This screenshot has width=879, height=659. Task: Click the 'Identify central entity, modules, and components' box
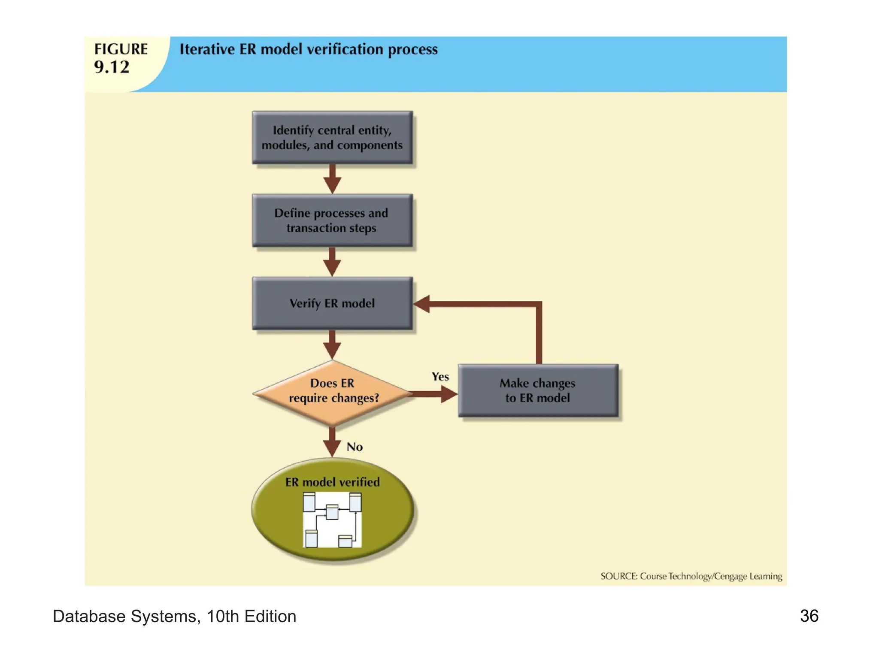[332, 137]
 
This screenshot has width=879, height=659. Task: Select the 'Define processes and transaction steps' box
[332, 220]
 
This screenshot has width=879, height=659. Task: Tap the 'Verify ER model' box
[332, 303]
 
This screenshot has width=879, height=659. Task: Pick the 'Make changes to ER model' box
[538, 390]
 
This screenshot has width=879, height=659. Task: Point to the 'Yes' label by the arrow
[440, 377]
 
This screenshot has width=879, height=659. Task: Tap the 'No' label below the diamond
[355, 447]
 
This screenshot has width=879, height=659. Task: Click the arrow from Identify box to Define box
[332, 179]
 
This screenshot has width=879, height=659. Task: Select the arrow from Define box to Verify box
[332, 262]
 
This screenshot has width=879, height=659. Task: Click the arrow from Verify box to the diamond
[332, 345]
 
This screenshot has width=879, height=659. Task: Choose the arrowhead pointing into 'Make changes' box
[449, 394]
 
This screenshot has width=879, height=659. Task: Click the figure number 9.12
[112, 67]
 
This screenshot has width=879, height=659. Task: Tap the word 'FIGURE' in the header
[121, 49]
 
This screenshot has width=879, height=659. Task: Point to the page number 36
[809, 616]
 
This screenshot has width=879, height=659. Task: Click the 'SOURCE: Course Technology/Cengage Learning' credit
[691, 576]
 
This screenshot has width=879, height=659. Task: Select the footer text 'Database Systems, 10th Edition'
[174, 617]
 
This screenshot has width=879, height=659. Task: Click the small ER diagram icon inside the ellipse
[332, 520]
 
